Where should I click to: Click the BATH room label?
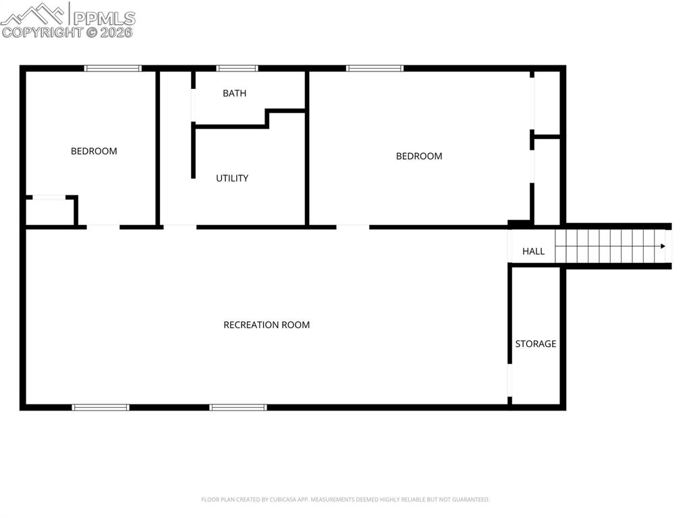(x=234, y=94)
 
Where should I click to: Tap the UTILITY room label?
(x=232, y=179)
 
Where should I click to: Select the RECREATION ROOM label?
(x=267, y=325)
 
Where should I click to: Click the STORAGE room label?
(x=536, y=344)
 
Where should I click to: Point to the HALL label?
(x=533, y=251)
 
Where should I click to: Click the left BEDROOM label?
(x=94, y=152)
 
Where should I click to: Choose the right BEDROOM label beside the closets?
(x=419, y=156)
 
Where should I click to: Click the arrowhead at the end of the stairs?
(x=666, y=246)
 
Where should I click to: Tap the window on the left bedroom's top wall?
(x=113, y=68)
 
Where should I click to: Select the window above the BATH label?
(x=237, y=68)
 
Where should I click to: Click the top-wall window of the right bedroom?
(x=375, y=68)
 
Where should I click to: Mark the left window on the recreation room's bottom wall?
(x=101, y=407)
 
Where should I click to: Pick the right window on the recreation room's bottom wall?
(x=238, y=407)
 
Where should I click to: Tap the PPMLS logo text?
(x=104, y=18)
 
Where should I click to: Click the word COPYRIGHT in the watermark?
(x=42, y=32)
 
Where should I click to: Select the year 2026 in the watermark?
(x=117, y=32)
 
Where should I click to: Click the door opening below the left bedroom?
(x=103, y=226)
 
